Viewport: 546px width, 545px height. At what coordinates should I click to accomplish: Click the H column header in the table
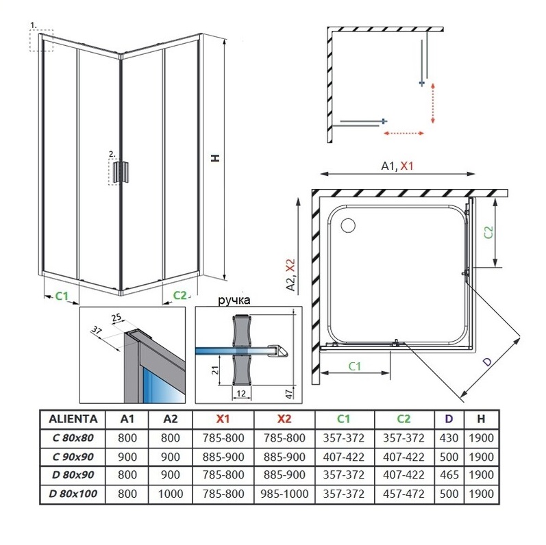point(482,419)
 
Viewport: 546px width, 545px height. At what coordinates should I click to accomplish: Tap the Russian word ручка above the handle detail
point(234,301)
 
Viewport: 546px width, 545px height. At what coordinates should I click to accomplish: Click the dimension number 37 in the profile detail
point(96,330)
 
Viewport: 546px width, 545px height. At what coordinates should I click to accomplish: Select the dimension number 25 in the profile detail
point(115,316)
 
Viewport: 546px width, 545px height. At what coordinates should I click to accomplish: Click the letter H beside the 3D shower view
point(215,157)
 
